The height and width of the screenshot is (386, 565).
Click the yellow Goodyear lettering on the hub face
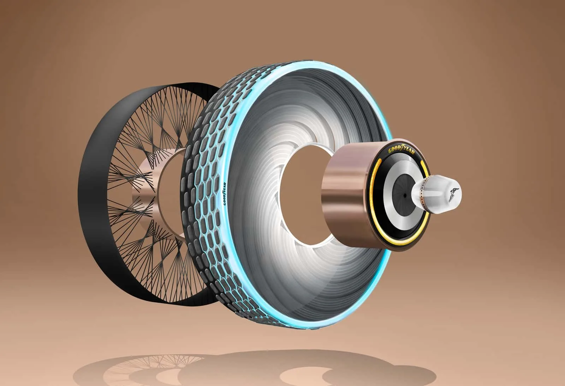(401, 149)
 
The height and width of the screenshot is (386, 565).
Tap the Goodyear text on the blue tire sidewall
(225, 194)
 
